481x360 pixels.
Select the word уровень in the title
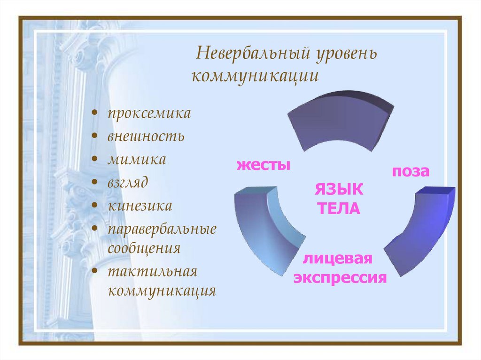coord(344,54)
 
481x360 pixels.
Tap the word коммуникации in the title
coord(255,76)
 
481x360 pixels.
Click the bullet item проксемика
coord(149,114)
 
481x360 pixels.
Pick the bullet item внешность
coord(146,137)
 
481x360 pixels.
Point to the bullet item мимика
coord(137,159)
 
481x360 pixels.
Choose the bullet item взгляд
coord(128,182)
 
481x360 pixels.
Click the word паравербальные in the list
coord(162,229)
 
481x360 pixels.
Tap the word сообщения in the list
coord(144,248)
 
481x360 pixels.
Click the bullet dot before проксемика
coord(95,114)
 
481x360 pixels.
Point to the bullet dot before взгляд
coord(95,183)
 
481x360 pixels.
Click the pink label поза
coord(411,171)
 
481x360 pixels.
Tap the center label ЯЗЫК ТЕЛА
coord(338,199)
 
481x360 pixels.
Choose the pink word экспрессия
coord(340,277)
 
